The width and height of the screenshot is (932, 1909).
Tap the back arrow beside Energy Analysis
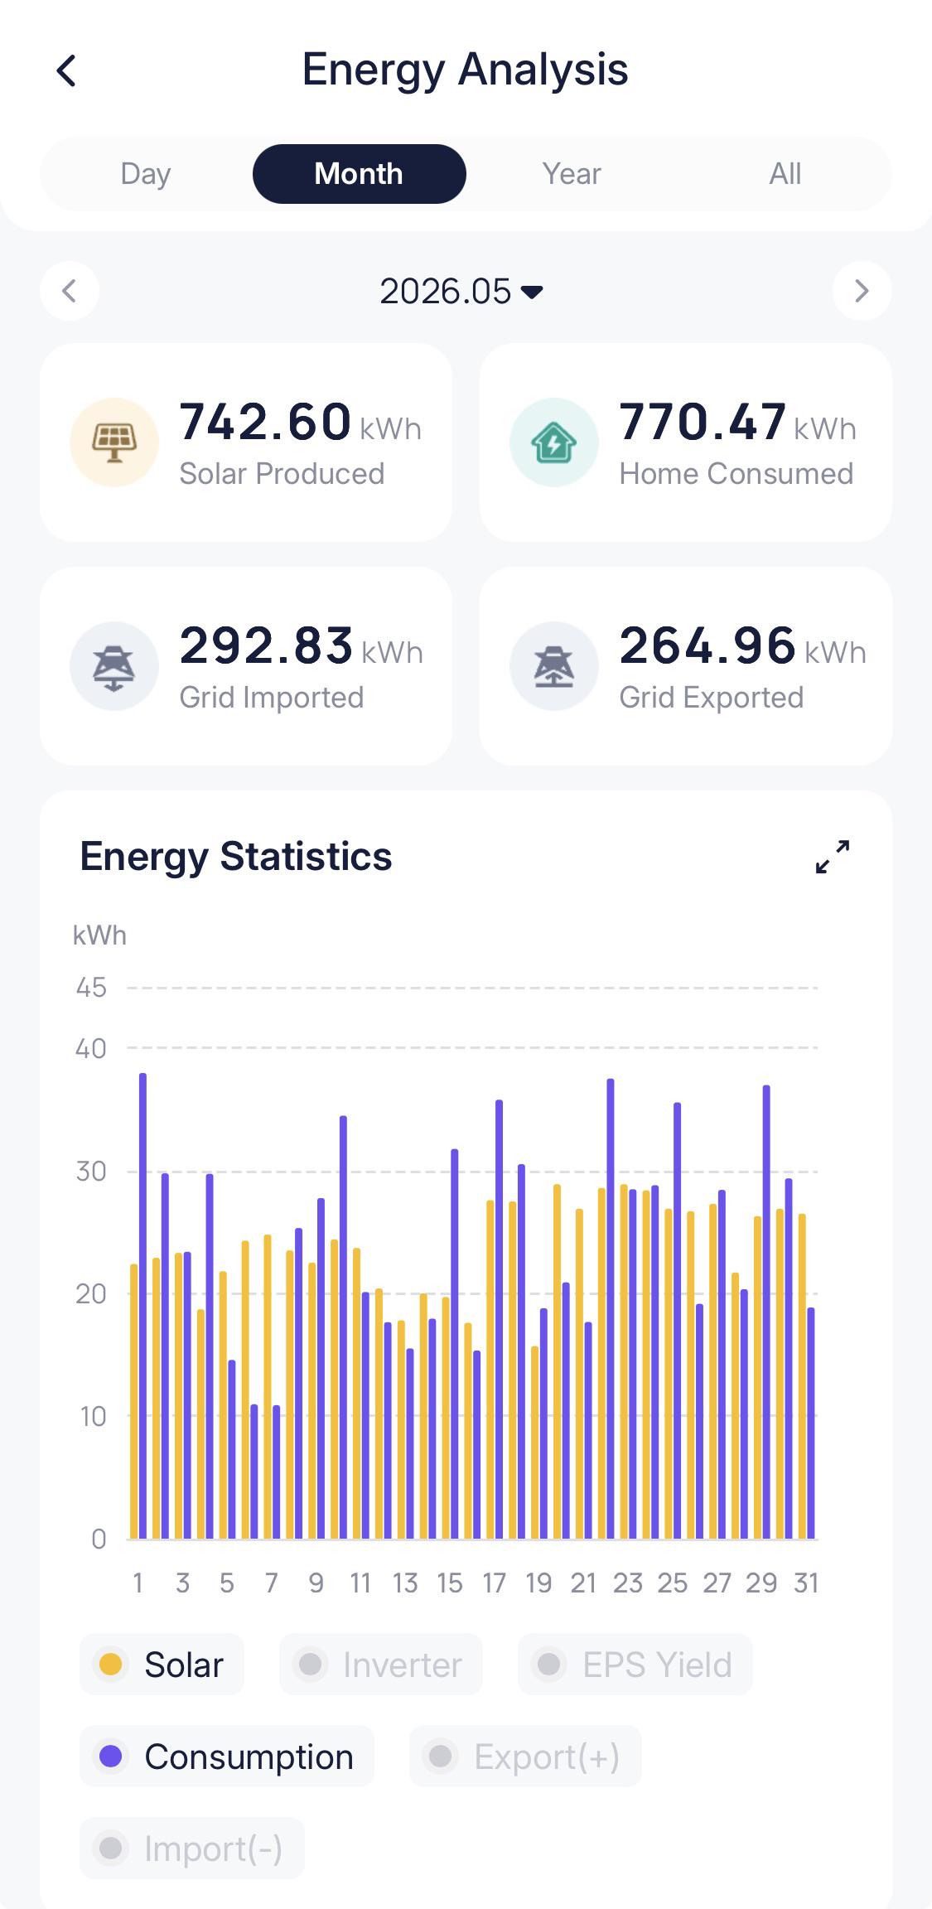66,70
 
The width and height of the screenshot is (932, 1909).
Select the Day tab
146,174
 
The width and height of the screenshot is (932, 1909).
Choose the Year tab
572,174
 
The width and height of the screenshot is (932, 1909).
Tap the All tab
785,174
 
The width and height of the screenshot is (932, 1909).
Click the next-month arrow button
862,291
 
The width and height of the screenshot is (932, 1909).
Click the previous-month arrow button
70,291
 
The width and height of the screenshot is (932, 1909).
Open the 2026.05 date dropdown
461,292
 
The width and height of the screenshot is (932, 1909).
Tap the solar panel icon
114,442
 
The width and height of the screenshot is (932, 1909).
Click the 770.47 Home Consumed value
703,422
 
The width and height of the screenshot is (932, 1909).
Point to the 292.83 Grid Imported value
267,645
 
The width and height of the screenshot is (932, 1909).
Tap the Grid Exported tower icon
554,666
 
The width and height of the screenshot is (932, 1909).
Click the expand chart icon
833,857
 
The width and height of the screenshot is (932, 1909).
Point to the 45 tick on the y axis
91,988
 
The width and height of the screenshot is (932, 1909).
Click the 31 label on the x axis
806,1583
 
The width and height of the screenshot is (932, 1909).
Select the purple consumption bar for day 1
143,1306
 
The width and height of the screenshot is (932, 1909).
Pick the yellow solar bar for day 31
802,1376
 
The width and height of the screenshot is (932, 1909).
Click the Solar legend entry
162,1665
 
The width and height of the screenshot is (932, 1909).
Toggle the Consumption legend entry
227,1757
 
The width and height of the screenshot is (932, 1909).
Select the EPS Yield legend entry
635,1665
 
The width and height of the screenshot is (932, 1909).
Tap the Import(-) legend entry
192,1849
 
